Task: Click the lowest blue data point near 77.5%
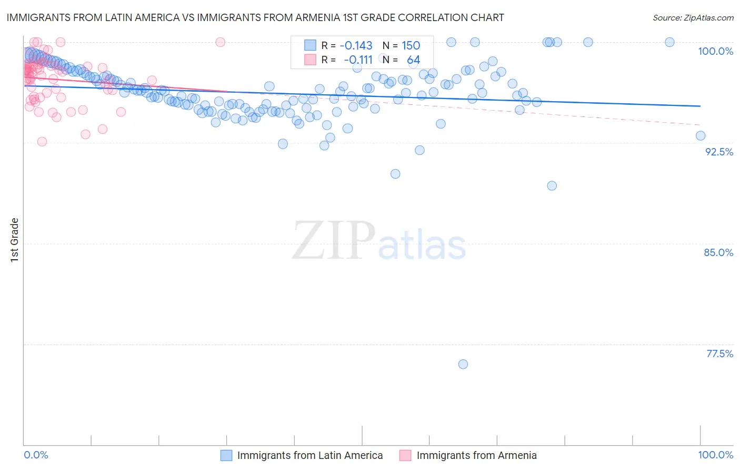(x=463, y=364)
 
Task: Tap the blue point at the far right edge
(x=701, y=135)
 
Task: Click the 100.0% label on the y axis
(x=715, y=51)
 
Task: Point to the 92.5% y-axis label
(x=719, y=152)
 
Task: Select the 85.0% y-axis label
(x=718, y=252)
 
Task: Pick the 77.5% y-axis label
(x=719, y=354)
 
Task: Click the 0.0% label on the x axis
(x=36, y=455)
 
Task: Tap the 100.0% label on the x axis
(x=715, y=455)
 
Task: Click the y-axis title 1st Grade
(x=15, y=240)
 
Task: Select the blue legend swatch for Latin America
(x=226, y=455)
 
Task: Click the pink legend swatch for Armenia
(x=405, y=455)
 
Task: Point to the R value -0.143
(x=356, y=45)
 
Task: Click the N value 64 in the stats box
(x=413, y=60)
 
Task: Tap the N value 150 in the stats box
(x=411, y=45)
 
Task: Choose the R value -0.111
(x=358, y=60)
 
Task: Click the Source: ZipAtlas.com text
(x=693, y=17)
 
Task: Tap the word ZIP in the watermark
(x=334, y=241)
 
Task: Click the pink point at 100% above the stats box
(x=221, y=42)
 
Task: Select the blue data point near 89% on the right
(x=552, y=185)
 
